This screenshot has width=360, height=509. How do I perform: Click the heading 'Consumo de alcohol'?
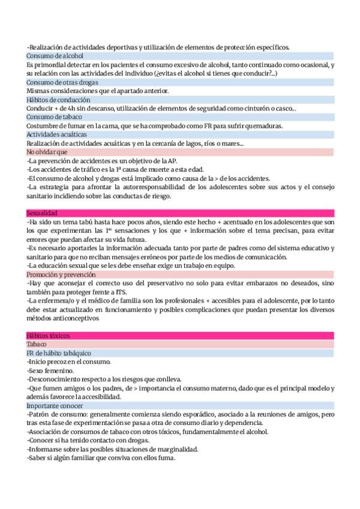pyautogui.click(x=55, y=56)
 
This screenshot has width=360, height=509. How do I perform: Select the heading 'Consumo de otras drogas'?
pyautogui.click(x=62, y=82)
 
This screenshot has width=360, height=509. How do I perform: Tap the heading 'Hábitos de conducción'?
pyautogui.click(x=58, y=100)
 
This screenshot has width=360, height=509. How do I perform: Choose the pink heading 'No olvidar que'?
pyautogui.click(x=47, y=152)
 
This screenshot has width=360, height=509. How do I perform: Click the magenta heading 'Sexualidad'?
pyautogui.click(x=42, y=213)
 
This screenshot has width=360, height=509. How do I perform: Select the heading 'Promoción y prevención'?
pyautogui.click(x=62, y=274)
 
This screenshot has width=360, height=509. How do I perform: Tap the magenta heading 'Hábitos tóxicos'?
pyautogui.click(x=48, y=336)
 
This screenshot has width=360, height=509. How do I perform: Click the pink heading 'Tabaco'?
pyautogui.click(x=36, y=345)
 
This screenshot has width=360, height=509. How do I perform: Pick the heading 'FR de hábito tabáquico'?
pyautogui.click(x=58, y=354)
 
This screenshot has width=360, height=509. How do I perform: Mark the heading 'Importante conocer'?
pyautogui.click(x=55, y=406)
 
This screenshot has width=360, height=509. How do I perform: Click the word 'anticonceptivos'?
pyautogui.click(x=82, y=318)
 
